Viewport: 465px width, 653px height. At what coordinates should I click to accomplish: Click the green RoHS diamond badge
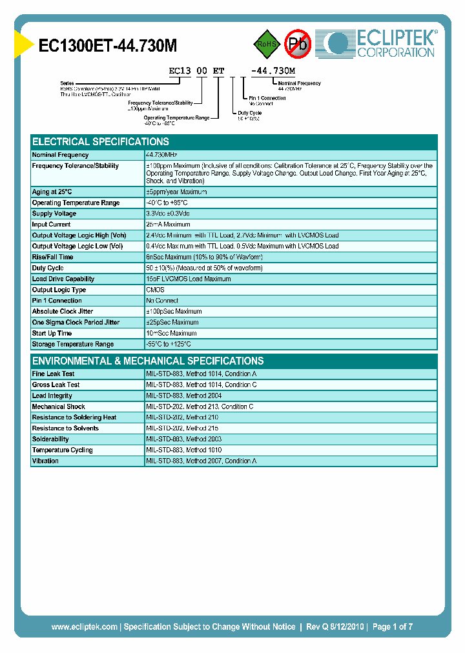pos(265,44)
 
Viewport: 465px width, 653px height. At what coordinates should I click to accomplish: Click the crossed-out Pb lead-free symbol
pos(298,44)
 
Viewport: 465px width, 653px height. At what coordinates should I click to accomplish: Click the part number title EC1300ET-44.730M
pos(108,46)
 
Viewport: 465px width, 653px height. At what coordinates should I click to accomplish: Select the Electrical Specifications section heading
pos(101,142)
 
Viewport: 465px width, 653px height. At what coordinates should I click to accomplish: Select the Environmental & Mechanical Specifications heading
pos(148,361)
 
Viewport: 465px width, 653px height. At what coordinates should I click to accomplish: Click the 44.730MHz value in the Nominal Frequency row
pos(162,155)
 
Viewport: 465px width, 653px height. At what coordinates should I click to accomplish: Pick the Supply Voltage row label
pos(54,214)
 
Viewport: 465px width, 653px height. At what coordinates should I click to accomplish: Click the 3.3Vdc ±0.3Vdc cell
pos(168,214)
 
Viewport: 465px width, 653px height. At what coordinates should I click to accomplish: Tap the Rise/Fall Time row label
pos(52,257)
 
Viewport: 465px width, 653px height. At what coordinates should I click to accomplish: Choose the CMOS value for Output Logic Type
pos(155,290)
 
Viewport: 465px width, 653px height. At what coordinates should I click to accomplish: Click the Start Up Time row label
pos(52,333)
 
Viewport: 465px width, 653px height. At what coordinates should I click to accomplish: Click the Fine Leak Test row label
pos(53,374)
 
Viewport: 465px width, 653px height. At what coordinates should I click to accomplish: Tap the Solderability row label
pos(50,439)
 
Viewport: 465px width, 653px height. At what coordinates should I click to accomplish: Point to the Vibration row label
pos(45,461)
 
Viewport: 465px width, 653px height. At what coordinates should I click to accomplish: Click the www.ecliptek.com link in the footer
pos(84,627)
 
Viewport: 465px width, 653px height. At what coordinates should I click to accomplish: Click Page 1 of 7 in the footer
pos(392,627)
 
